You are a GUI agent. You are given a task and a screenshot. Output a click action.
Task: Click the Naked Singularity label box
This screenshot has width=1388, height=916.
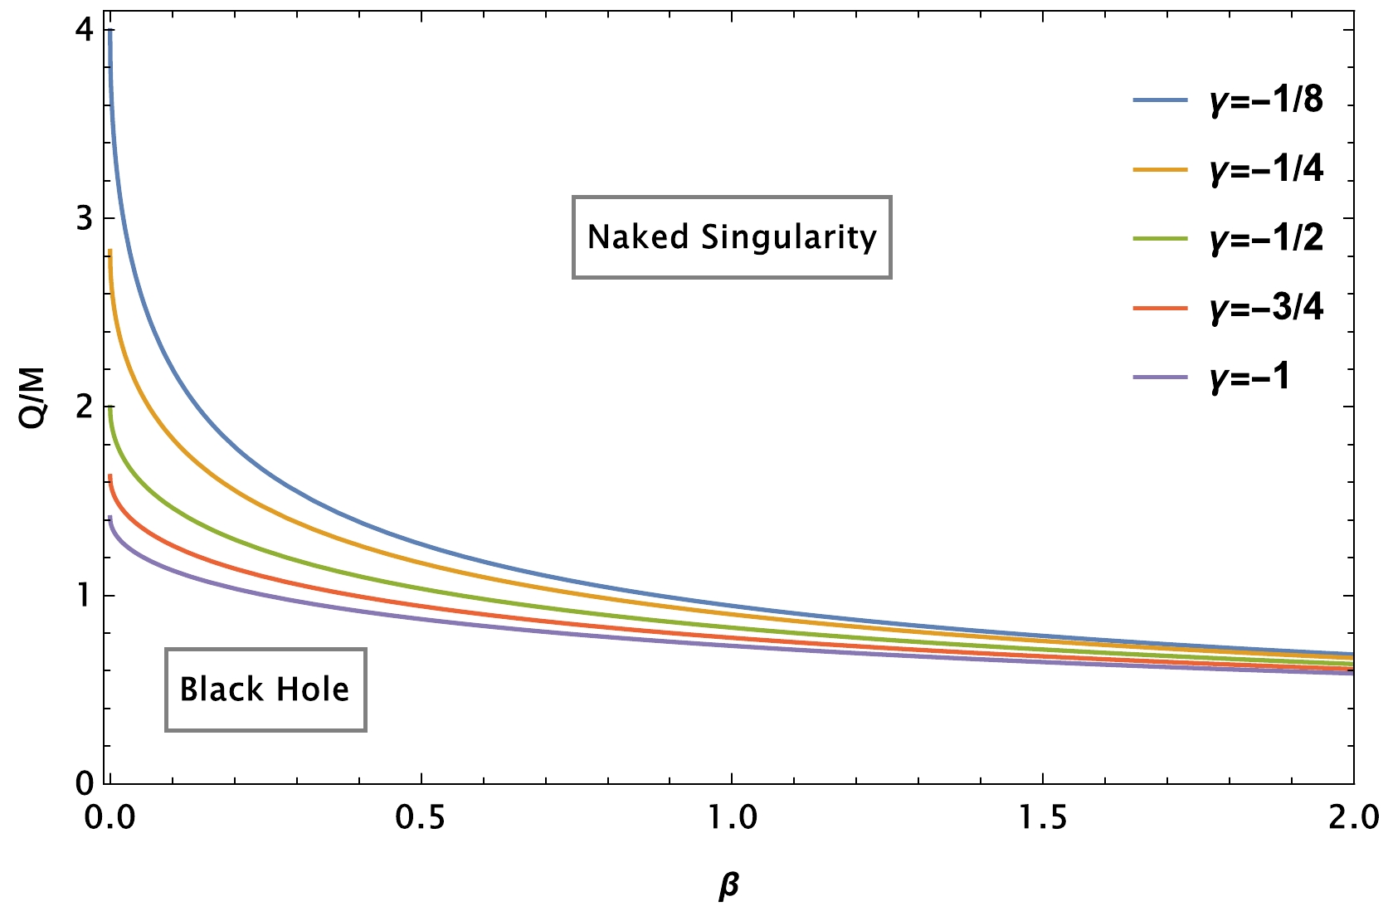pos(732,237)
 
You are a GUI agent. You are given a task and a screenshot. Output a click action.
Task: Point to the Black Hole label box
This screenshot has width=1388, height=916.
pos(265,689)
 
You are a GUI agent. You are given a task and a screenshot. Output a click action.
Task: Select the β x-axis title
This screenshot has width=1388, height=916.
pos(729,887)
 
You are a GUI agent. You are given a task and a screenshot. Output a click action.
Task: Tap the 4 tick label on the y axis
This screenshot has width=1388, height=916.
pos(83,32)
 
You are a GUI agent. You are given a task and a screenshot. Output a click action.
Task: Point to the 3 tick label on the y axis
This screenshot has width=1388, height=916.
pos(83,219)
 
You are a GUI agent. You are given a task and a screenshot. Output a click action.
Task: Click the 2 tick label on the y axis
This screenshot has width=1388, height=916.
pos(83,407)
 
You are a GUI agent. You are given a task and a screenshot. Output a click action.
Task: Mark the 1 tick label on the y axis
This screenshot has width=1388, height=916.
pos(83,596)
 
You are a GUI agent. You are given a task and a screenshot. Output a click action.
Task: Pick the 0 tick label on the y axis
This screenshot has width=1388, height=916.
pos(83,783)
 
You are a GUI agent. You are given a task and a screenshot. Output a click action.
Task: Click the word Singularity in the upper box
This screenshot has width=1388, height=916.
pos(789,238)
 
